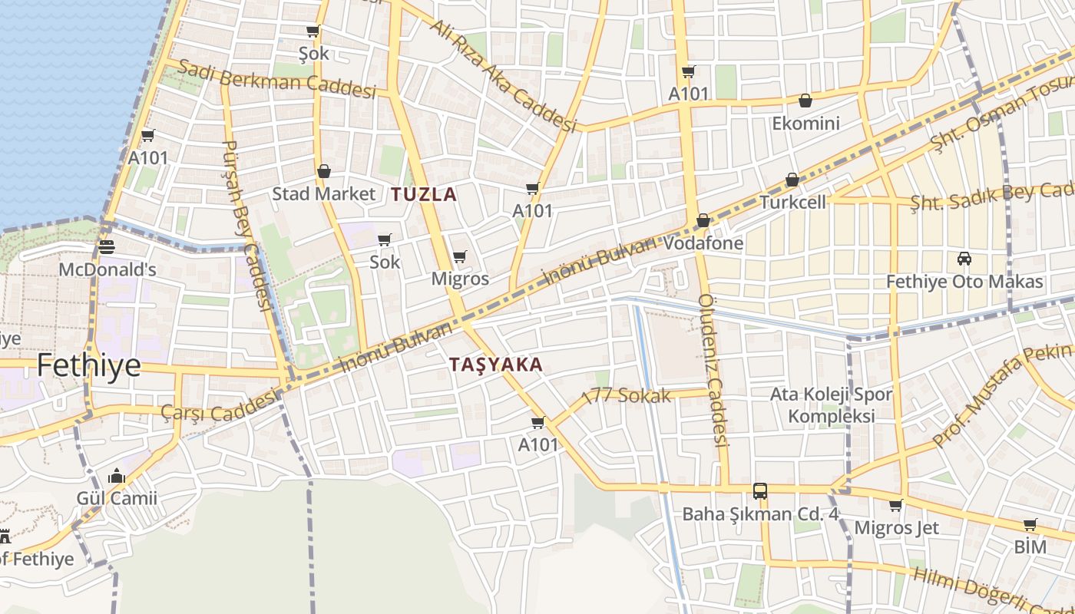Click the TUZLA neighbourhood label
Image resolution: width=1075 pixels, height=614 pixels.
[424, 194]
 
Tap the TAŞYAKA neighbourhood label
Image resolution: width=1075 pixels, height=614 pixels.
[496, 365]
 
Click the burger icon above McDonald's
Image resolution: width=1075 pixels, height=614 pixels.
[107, 247]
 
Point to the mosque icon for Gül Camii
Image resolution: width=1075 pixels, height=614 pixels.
[117, 477]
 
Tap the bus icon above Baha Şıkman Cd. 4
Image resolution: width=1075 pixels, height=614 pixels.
[760, 491]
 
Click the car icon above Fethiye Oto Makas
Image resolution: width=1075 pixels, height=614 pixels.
[964, 259]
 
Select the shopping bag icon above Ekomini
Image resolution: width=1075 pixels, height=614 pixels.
[805, 101]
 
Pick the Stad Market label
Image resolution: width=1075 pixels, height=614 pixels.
[324, 193]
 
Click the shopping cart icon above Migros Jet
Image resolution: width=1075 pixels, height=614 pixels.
[895, 506]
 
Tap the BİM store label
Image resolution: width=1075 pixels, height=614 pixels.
[1030, 546]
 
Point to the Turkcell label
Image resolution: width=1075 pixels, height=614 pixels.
[792, 202]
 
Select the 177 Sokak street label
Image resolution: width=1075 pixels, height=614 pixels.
[627, 396]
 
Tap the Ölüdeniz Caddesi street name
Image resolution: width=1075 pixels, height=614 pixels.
[713, 370]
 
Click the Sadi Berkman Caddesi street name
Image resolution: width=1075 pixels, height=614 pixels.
[276, 78]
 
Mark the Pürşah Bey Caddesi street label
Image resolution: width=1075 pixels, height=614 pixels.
[247, 226]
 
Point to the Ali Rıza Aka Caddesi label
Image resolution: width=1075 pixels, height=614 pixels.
[503, 75]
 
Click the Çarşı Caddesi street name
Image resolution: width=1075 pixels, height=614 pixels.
[219, 407]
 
